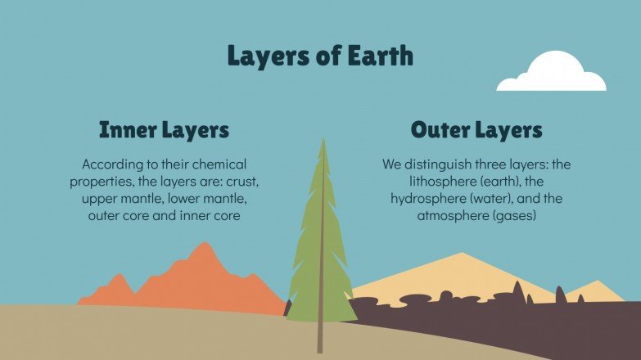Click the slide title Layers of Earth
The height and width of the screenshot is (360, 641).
(320, 56)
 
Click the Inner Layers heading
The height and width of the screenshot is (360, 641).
(164, 130)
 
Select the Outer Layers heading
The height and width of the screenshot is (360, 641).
(476, 130)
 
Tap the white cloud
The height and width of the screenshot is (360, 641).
(553, 73)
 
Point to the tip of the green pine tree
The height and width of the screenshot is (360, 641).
(323, 142)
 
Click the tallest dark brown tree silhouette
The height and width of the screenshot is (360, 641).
(517, 291)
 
